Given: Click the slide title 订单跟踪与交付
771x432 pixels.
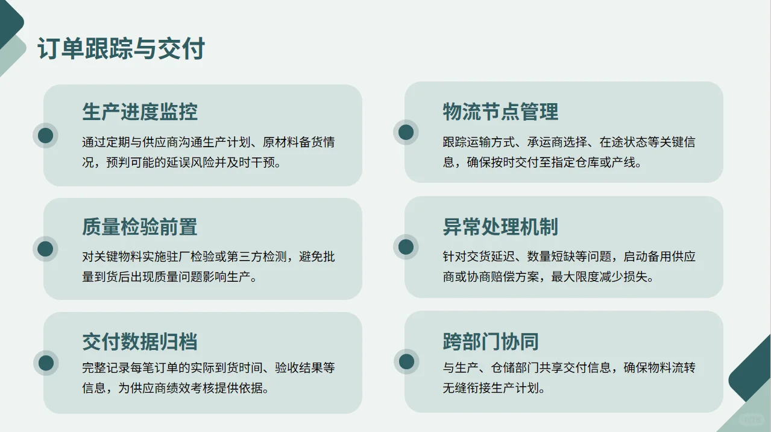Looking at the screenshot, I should click(x=121, y=49).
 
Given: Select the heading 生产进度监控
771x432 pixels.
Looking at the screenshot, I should click(x=140, y=112).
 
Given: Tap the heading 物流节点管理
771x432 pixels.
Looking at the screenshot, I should click(x=500, y=112).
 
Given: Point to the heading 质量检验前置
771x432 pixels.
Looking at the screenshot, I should click(x=140, y=227).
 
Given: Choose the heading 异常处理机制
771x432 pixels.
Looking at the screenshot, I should click(x=500, y=227).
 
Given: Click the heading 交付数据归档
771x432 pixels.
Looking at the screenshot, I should click(x=140, y=342).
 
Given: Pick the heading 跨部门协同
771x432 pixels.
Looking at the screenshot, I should click(x=490, y=341).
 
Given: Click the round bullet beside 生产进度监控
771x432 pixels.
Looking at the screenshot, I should click(x=46, y=135).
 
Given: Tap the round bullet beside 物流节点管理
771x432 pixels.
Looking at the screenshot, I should click(x=406, y=132).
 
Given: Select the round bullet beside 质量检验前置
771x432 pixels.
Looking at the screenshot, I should click(x=46, y=249).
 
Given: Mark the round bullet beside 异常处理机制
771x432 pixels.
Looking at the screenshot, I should click(x=406, y=247).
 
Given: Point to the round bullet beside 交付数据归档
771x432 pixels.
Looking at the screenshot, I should click(x=46, y=363).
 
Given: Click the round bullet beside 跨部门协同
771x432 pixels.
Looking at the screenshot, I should click(x=406, y=361).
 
